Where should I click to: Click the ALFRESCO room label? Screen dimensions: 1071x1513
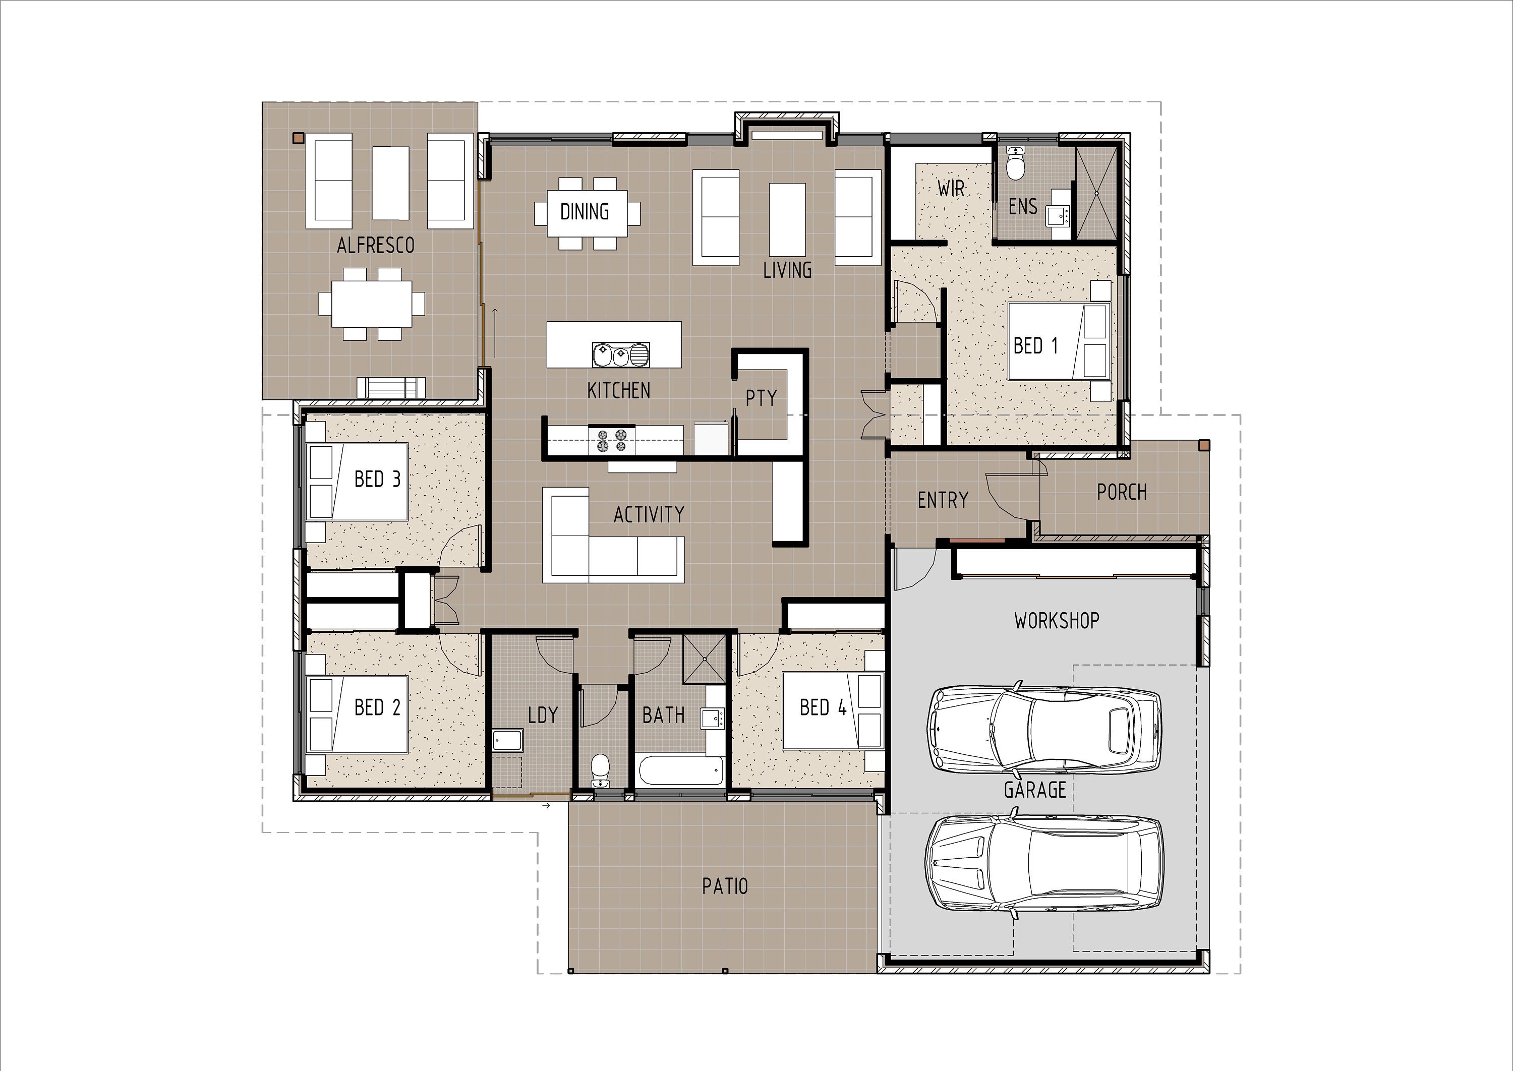click(375, 246)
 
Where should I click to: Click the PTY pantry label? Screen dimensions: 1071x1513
click(761, 398)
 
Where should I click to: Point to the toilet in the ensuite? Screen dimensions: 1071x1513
click(1015, 163)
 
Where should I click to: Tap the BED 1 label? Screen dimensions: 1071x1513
click(1035, 345)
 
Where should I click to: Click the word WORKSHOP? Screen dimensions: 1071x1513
click(1057, 621)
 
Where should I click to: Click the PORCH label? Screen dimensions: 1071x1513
click(1121, 492)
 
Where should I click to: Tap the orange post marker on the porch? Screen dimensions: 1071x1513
click(1204, 445)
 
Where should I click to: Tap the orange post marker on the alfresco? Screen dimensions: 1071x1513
click(298, 138)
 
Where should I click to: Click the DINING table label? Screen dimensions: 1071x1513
click(585, 212)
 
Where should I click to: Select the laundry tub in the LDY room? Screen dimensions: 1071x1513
click(507, 740)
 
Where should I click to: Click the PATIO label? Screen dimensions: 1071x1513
click(725, 886)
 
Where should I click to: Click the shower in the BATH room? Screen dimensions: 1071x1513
click(705, 659)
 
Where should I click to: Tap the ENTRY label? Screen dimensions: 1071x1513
click(943, 501)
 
